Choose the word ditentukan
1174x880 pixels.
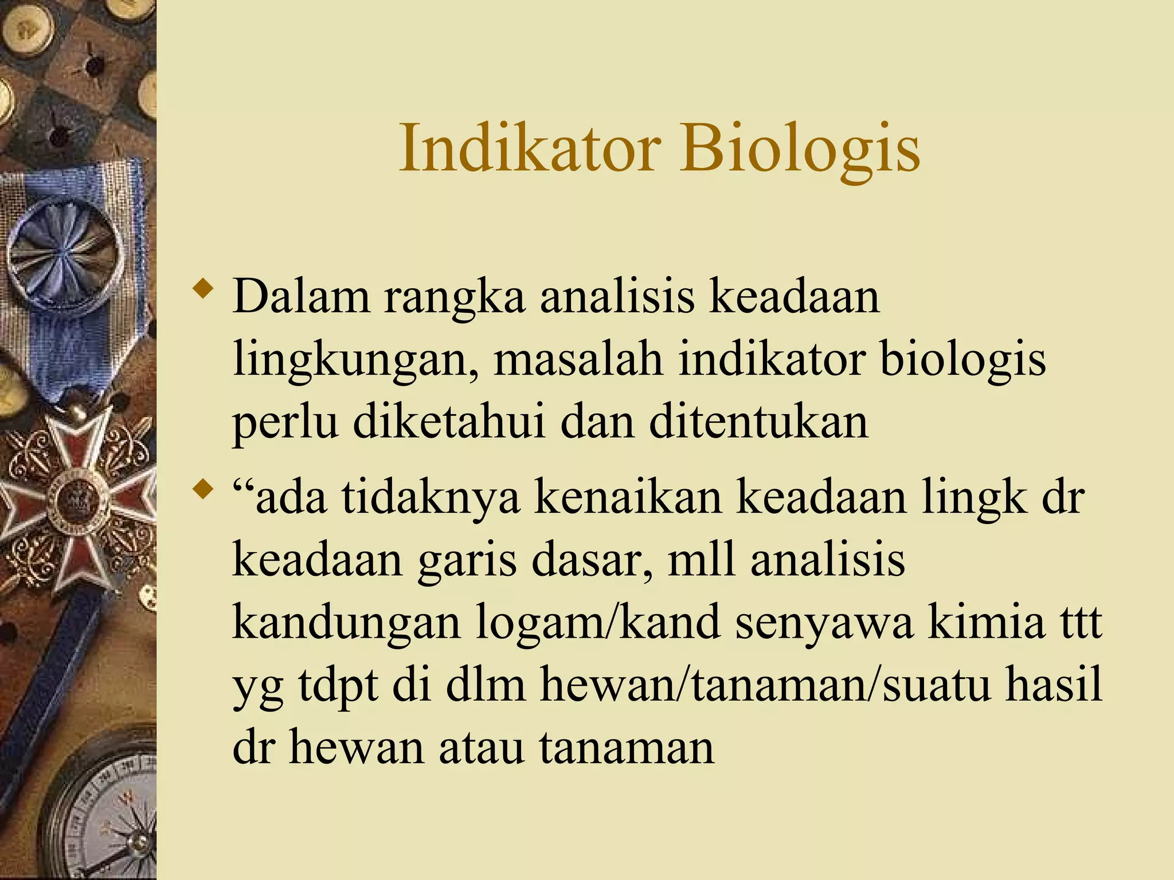[x=758, y=422]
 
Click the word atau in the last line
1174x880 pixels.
[x=482, y=749]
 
